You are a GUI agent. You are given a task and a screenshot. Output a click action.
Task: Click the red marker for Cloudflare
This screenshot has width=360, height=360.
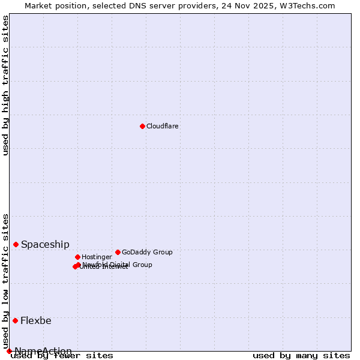click(x=142, y=126)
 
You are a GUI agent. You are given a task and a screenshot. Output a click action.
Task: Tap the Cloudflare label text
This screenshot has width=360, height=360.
click(x=162, y=127)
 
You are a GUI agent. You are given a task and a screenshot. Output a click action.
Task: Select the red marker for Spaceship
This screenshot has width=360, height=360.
click(x=16, y=244)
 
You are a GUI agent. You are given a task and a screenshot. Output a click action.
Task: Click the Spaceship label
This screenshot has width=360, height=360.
click(x=45, y=245)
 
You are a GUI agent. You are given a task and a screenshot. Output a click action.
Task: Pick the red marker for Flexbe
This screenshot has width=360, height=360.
click(x=15, y=320)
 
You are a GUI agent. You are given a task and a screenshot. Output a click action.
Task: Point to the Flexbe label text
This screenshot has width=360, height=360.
click(x=36, y=321)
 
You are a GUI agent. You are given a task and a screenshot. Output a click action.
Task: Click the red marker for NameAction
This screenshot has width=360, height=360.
click(x=9, y=351)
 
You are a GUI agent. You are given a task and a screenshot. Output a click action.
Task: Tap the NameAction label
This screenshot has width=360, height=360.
click(x=43, y=351)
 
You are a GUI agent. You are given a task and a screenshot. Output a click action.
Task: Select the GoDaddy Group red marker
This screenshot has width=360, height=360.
click(x=118, y=252)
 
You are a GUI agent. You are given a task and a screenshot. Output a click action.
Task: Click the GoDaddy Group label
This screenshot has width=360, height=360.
click(x=147, y=253)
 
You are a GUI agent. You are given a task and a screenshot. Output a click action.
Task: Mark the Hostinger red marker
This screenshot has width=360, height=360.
click(x=77, y=257)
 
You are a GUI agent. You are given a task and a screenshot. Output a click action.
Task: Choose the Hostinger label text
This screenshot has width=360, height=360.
click(x=97, y=257)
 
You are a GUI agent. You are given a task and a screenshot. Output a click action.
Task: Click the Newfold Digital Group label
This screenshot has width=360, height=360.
click(x=118, y=265)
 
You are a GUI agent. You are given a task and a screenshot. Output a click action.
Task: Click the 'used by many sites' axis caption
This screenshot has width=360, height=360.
click(x=301, y=356)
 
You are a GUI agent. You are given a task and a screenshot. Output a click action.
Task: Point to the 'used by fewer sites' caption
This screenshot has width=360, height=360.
click(x=62, y=356)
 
